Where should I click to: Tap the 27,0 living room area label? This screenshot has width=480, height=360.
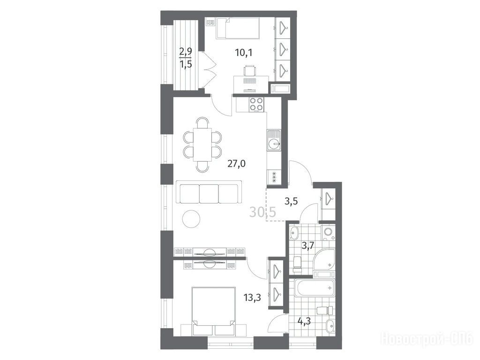(x=236, y=164)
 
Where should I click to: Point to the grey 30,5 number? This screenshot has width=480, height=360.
(x=262, y=212)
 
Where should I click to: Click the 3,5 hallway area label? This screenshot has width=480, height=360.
(x=291, y=202)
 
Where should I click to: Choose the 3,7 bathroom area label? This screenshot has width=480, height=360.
(x=307, y=246)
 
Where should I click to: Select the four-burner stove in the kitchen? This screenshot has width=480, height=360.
(x=256, y=104)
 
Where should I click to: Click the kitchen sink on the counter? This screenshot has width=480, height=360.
(x=274, y=140)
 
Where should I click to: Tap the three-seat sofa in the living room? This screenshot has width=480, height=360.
(x=209, y=192)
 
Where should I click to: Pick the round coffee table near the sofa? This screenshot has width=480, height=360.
(x=191, y=218)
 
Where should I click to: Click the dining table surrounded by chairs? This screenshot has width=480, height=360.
(x=202, y=144)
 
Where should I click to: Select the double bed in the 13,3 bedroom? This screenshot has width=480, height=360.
(x=213, y=311)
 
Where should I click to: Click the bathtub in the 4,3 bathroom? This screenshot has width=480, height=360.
(x=315, y=288)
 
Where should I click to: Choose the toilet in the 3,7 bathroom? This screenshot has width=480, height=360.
(x=297, y=264)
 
